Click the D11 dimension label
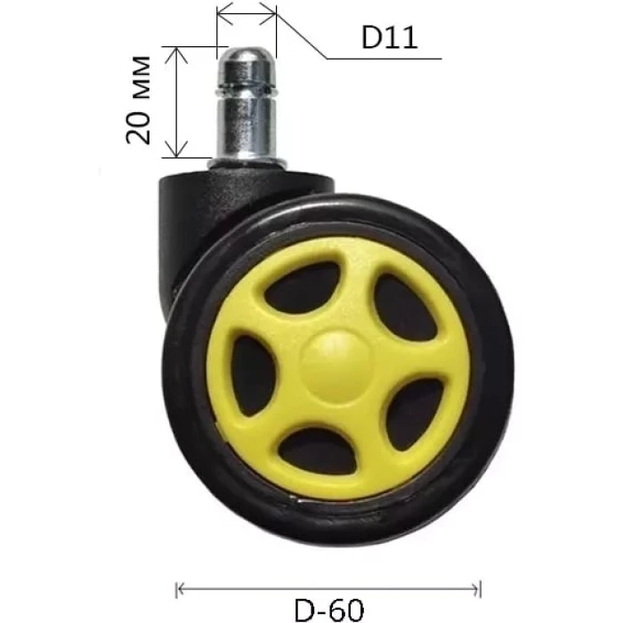coord(389,38)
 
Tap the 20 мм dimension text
coord(138,100)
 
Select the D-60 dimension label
coord(328,610)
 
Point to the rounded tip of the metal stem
coord(247,54)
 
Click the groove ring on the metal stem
coord(247,88)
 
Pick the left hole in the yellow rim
coord(253,376)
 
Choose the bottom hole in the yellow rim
coord(318,452)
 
